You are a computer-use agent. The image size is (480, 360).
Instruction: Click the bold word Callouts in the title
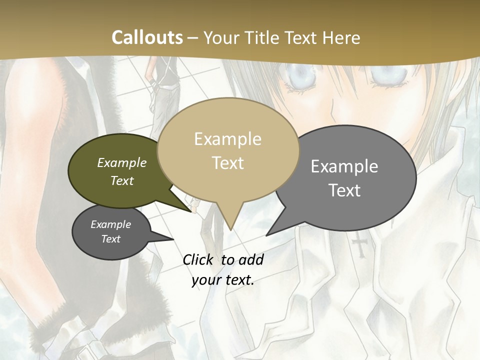[x=147, y=37]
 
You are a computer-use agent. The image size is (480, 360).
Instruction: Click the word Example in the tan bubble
[x=227, y=139]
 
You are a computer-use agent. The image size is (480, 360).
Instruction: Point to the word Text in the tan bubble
[x=227, y=163]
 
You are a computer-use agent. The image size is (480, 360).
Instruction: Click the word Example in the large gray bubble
[x=344, y=166]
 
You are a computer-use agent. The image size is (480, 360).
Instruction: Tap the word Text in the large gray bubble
[x=344, y=190]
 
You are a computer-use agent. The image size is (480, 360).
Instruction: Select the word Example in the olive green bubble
[x=122, y=162]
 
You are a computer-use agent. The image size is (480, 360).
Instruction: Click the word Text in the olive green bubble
[x=122, y=180]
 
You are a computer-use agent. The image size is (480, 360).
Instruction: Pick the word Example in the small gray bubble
[x=111, y=224]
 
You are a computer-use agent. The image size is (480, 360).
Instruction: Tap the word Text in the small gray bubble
[x=111, y=239]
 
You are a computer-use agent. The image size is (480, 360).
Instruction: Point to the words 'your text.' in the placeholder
[x=223, y=280]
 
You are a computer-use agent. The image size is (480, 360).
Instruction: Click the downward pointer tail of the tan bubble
[x=230, y=222]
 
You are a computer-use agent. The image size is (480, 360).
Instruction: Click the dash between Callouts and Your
[x=193, y=38]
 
